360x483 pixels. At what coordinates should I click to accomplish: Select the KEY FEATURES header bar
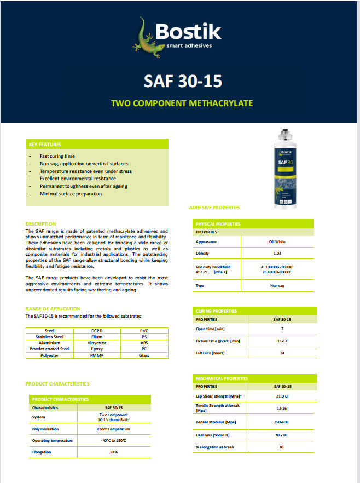click(x=97, y=144)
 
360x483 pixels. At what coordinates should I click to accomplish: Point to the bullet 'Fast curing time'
click(x=57, y=156)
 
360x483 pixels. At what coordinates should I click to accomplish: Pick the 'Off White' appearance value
click(x=276, y=242)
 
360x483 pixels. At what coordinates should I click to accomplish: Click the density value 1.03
click(x=277, y=254)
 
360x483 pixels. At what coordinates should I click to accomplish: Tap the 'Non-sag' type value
click(x=276, y=286)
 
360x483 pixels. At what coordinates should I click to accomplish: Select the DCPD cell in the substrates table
click(x=97, y=331)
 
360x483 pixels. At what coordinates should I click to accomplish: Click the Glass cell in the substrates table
click(x=144, y=355)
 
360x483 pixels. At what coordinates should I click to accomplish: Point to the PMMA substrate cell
click(x=97, y=355)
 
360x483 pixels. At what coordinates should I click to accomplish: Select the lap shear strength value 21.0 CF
click(x=282, y=396)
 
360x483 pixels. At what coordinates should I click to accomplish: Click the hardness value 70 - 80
click(x=282, y=435)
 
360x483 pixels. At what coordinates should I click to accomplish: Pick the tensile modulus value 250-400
click(x=282, y=422)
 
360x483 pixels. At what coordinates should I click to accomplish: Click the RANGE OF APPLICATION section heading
click(x=53, y=309)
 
